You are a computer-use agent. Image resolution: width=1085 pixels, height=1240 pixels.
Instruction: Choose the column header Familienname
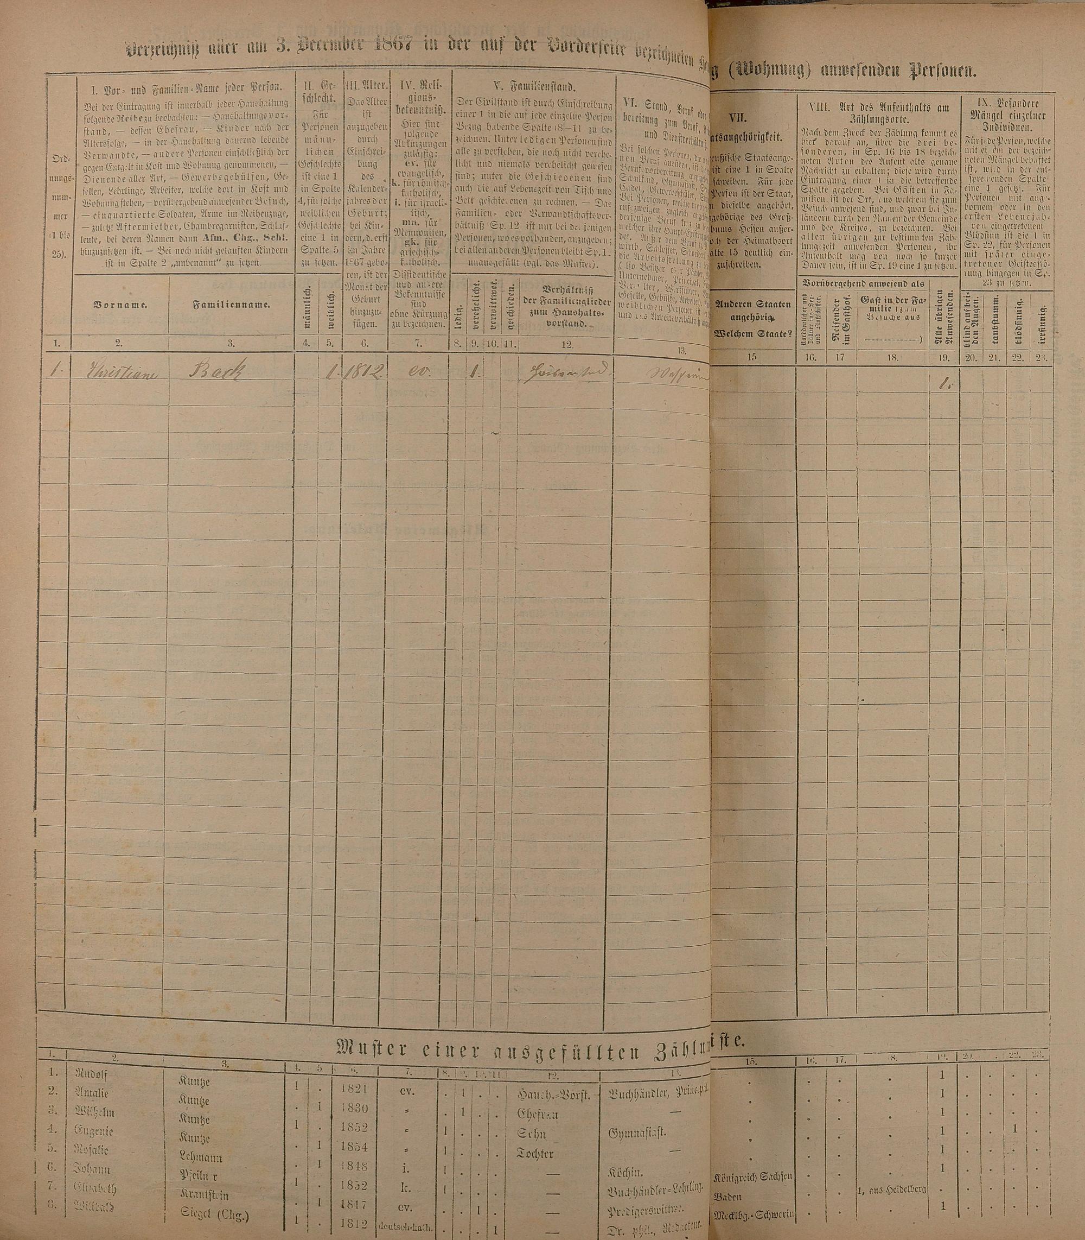(231, 305)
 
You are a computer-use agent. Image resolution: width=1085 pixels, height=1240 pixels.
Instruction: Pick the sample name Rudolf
(91, 1072)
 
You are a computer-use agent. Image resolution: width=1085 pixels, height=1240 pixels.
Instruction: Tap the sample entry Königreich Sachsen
(754, 1176)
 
